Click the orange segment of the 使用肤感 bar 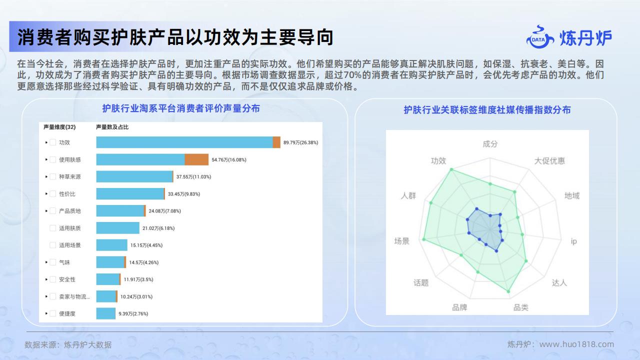(x=196, y=159)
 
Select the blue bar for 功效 (x=184, y=142)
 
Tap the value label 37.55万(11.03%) (x=193, y=177)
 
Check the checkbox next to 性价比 (x=53, y=193)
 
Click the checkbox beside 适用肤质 (x=53, y=228)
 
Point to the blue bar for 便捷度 (x=106, y=313)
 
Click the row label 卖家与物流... (x=74, y=296)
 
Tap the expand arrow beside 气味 (x=46, y=262)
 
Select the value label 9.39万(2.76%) (x=133, y=313)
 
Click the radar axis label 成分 (x=490, y=143)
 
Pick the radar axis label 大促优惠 (x=549, y=161)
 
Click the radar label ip (x=573, y=241)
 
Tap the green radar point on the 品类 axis (x=508, y=291)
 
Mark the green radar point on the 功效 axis (x=451, y=169)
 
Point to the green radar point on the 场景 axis (x=423, y=239)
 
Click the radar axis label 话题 (x=421, y=283)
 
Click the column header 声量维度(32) (x=59, y=127)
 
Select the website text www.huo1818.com (x=576, y=344)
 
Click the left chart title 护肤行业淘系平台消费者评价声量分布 (x=181, y=108)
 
